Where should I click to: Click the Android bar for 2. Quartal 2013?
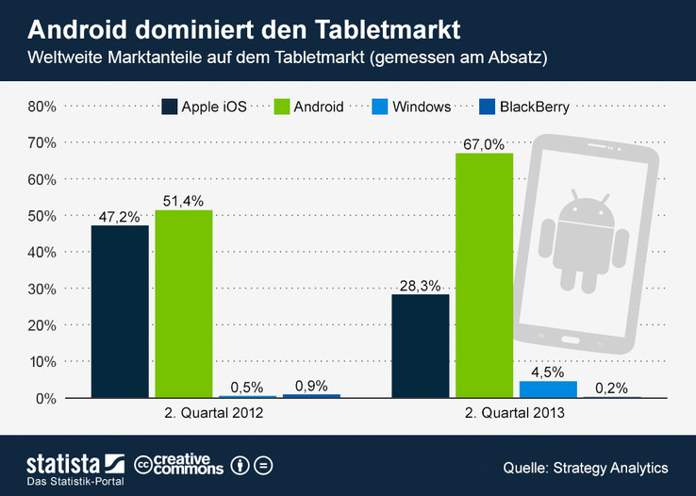coord(484,274)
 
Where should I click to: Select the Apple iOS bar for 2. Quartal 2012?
coord(120,311)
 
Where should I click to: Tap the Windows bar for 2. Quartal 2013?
coord(548,389)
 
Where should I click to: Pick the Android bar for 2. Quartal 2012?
coord(184,303)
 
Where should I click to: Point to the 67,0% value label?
coord(484,143)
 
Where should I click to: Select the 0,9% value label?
coord(311,385)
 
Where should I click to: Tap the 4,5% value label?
coord(548,372)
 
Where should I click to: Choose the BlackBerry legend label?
coord(536,107)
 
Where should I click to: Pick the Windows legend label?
coord(423,107)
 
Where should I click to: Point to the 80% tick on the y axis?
coord(41,107)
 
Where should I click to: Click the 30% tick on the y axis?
coord(41,289)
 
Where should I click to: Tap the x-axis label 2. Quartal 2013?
coord(516,414)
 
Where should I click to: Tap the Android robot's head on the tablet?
coord(586,207)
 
